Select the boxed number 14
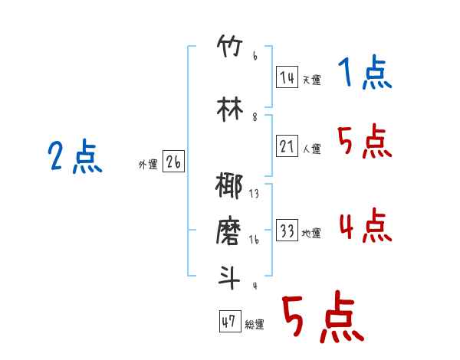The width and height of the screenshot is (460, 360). [x=287, y=77]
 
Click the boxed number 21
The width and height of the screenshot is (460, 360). [x=287, y=146]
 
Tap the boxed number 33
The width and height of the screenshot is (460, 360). [x=287, y=231]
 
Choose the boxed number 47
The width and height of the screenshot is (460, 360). [x=228, y=322]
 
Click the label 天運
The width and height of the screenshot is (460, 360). [x=311, y=80]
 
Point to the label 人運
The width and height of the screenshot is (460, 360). [x=311, y=149]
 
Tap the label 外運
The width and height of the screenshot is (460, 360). [x=148, y=163]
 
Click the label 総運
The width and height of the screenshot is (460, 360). [x=255, y=325]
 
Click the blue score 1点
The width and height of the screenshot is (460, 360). [x=365, y=74]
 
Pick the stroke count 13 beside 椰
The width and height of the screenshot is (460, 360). [x=254, y=194]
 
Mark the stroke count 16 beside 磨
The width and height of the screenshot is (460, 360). [x=254, y=240]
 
